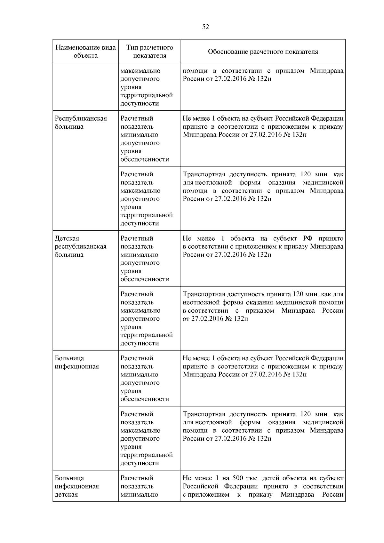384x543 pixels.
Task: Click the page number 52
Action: [205, 27]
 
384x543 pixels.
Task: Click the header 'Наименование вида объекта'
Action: [85, 52]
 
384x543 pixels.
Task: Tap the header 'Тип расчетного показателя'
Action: [149, 52]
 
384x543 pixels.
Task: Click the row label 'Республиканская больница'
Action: [81, 123]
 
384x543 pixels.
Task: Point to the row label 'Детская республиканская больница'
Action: [81, 246]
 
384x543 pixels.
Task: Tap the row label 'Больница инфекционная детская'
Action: [77, 486]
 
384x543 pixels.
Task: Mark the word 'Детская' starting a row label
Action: [67, 238]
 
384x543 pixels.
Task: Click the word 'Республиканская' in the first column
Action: [81, 118]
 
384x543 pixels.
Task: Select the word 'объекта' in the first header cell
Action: [85, 56]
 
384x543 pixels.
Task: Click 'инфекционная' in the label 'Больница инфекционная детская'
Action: [77, 486]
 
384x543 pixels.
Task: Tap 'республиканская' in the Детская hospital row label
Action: [81, 246]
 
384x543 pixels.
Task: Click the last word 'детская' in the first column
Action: [66, 494]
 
